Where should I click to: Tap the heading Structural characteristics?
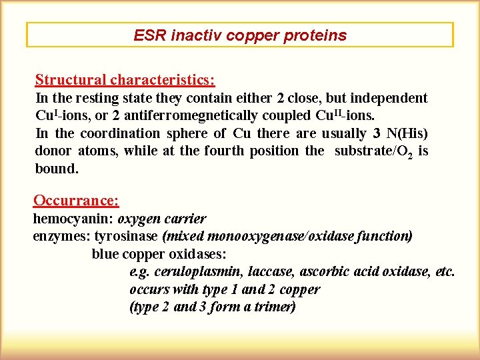(x=125, y=80)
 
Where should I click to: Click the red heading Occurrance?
(x=76, y=200)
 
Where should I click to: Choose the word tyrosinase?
(x=126, y=236)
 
